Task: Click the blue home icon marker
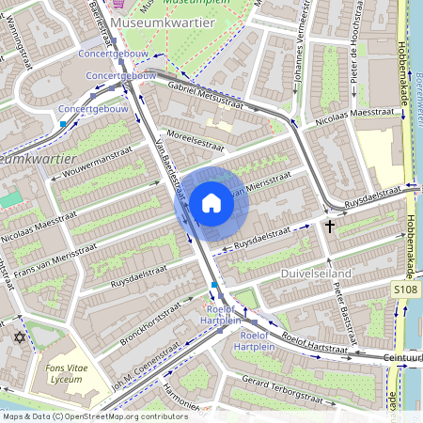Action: [x=211, y=203]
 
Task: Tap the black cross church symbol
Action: [x=330, y=226]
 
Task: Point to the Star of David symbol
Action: [x=18, y=337]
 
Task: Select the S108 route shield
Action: [x=405, y=291]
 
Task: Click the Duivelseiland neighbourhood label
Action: [x=316, y=273]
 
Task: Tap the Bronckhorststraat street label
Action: [x=141, y=317]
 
